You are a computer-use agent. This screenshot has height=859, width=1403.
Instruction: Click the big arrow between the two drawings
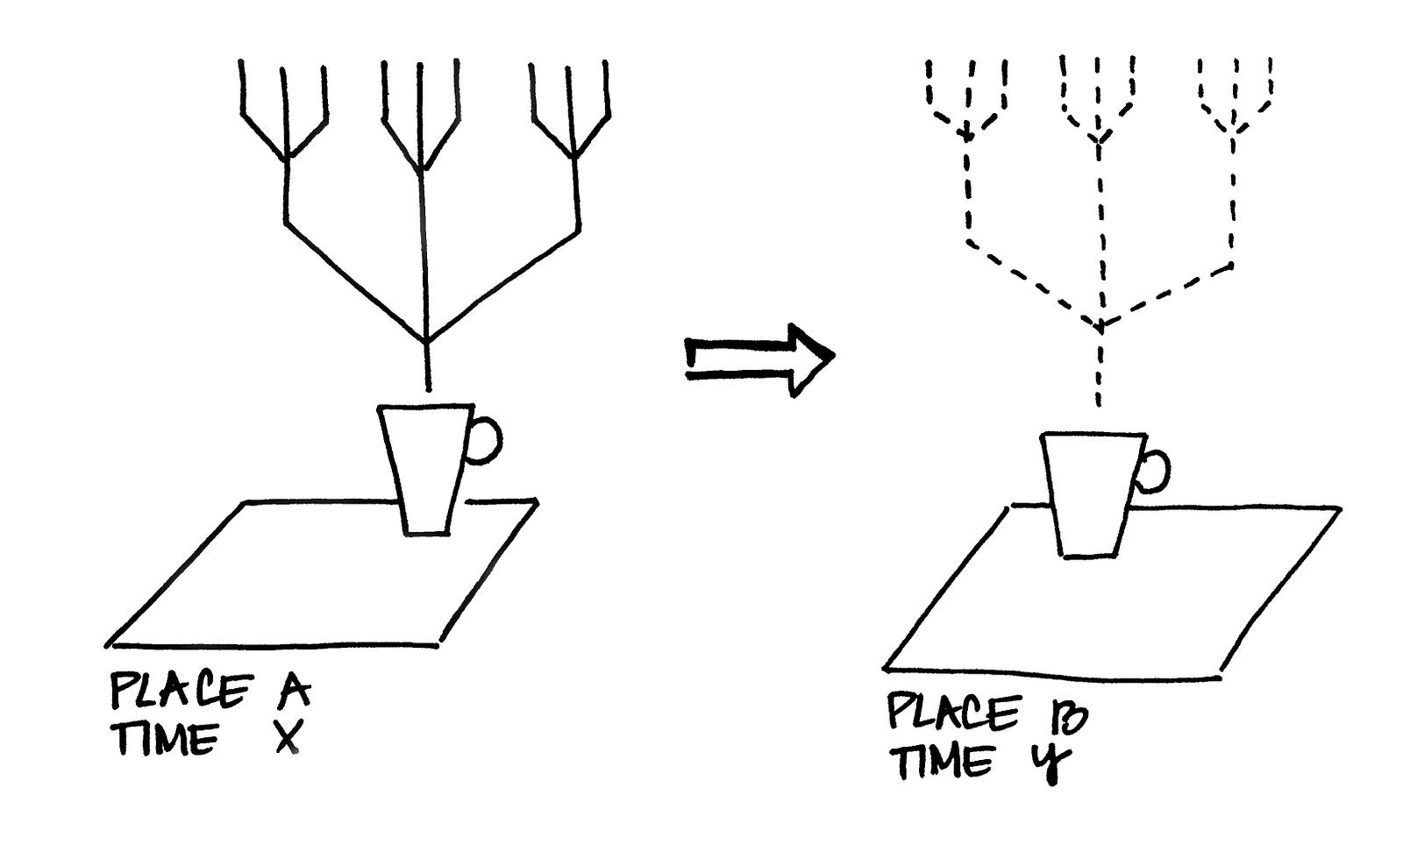pos(759,359)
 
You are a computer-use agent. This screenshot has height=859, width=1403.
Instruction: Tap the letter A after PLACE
pos(293,690)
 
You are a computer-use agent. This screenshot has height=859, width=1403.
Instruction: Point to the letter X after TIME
pos(289,736)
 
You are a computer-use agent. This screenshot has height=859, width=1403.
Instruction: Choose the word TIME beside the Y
pos(944,762)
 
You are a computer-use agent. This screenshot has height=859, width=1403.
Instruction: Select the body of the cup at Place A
pos(426,470)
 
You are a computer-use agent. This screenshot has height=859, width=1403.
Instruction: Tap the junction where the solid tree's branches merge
pos(427,342)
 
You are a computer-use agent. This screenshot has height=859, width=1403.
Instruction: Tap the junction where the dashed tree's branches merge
pos(1100,325)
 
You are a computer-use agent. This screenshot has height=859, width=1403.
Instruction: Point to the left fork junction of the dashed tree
pos(966,134)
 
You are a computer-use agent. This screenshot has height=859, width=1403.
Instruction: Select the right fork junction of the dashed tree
pos(1233,132)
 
